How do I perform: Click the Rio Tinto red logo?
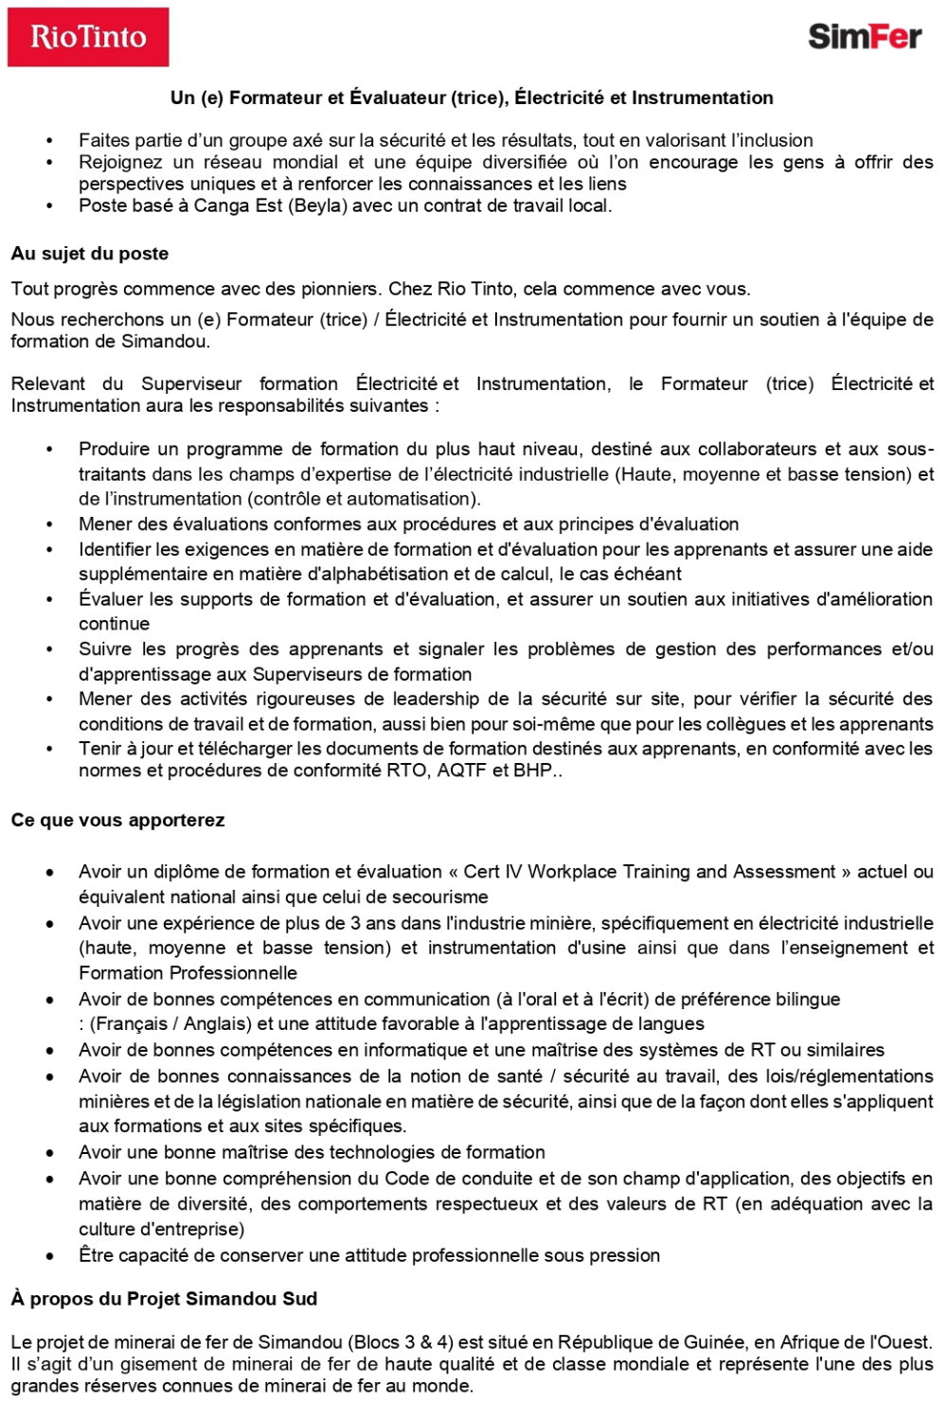88,37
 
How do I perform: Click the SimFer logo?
864,37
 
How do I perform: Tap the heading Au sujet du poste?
90,254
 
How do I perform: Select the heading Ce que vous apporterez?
117,820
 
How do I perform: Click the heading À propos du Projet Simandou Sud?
164,1299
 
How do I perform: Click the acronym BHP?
532,771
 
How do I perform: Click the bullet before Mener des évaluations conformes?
50,524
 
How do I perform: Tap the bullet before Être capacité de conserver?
50,1256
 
